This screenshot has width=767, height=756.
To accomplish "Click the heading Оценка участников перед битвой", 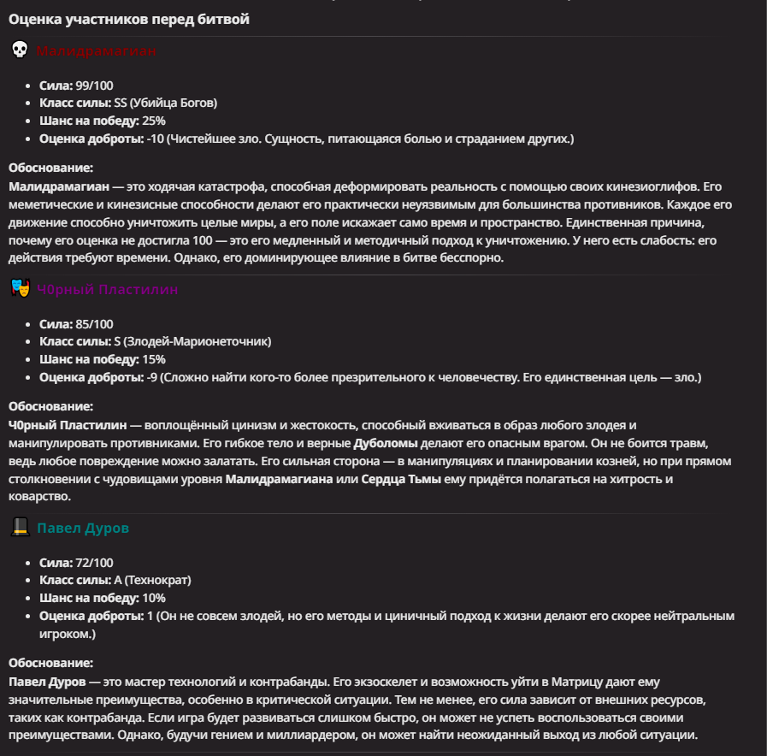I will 129,19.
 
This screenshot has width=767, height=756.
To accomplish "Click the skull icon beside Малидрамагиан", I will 20,50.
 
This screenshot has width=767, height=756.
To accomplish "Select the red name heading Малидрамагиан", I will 97,51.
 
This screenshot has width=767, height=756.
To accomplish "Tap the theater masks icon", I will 20,289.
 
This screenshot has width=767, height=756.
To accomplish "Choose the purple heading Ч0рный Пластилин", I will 108,289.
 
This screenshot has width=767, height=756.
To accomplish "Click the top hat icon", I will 20,528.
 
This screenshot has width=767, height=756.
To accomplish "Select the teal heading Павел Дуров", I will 83,528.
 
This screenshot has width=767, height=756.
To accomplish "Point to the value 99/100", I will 94,86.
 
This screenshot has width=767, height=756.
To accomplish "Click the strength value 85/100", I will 94,324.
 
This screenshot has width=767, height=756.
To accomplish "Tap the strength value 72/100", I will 94,563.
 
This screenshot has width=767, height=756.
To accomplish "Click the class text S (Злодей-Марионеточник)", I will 192,341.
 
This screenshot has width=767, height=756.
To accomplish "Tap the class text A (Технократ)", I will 152,580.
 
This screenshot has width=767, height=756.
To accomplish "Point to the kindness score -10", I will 156,138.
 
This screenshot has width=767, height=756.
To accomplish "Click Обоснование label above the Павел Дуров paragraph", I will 50,663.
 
